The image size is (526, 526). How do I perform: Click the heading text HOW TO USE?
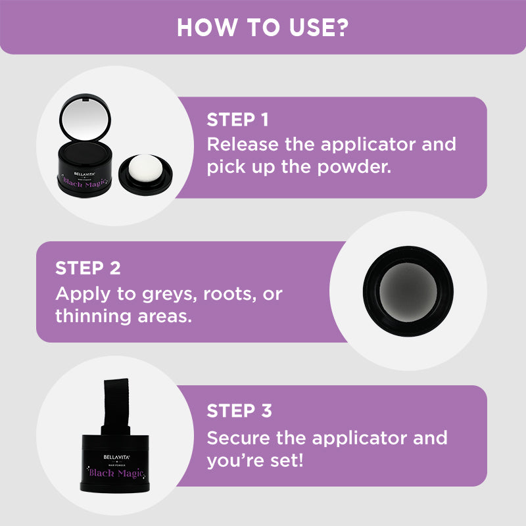262,28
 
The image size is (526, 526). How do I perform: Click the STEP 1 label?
237,120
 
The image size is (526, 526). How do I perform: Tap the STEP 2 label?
87,268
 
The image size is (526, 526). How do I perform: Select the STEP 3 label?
239,412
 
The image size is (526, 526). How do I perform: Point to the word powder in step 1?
358,167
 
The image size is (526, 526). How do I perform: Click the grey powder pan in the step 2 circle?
407,292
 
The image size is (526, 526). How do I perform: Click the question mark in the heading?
341,28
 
